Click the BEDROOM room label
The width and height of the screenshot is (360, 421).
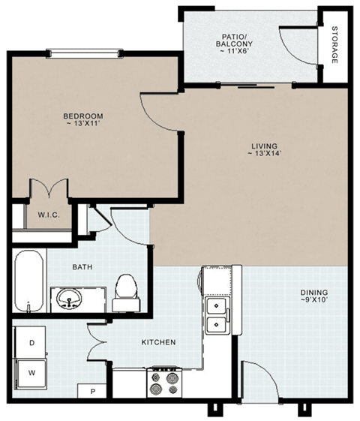tap(82, 116)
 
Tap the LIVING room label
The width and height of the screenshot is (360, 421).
tap(264, 146)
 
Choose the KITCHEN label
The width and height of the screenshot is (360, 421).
tap(158, 342)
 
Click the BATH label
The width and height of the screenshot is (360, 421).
tap(82, 266)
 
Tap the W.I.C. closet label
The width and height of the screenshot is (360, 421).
tap(49, 215)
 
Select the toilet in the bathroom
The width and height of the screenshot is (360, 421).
tap(125, 291)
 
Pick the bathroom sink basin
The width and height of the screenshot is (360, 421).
tap(69, 299)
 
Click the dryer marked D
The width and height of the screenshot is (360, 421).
tap(31, 342)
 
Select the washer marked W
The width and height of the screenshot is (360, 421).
tap(31, 371)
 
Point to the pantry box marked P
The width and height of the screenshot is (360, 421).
tap(92, 391)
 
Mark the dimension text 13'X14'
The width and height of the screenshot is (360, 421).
tap(264, 155)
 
